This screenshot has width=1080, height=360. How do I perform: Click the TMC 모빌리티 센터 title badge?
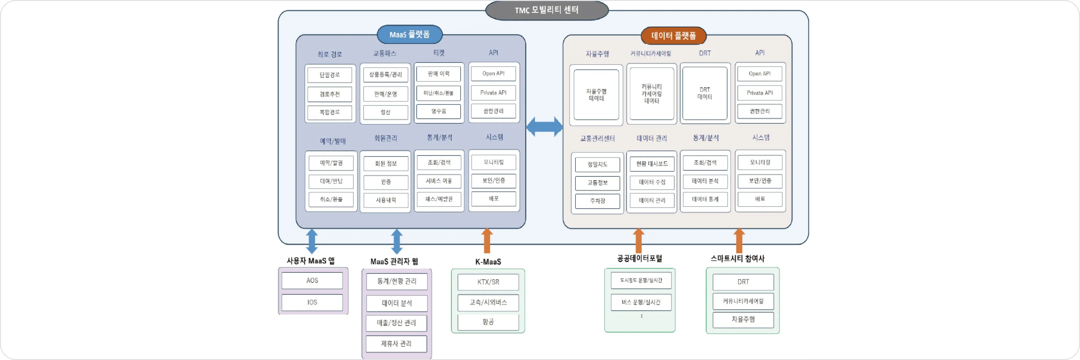click(x=546, y=10)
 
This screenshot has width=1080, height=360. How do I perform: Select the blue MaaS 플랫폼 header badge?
click(x=410, y=34)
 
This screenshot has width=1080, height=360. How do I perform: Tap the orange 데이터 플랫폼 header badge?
click(x=673, y=36)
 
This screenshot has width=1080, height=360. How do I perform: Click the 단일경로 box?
click(x=330, y=75)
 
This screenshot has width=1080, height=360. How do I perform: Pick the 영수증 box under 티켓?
click(x=438, y=112)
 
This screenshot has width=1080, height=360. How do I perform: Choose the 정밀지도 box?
click(x=598, y=164)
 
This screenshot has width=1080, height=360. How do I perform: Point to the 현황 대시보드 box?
click(x=652, y=164)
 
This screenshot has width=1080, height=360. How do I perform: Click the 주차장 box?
click(x=598, y=201)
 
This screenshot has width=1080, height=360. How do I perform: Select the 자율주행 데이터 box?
click(x=596, y=95)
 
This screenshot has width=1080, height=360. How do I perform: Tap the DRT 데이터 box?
click(x=705, y=93)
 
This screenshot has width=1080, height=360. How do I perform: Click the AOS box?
click(x=312, y=280)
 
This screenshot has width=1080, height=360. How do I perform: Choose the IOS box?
click(x=312, y=302)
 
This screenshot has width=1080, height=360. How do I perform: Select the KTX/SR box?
click(x=488, y=282)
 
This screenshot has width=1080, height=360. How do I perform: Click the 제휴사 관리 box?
click(x=396, y=344)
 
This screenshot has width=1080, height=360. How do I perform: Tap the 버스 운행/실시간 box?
click(x=641, y=302)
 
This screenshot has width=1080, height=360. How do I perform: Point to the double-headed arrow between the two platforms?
click(x=544, y=127)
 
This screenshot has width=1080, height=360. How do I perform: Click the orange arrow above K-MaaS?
click(x=487, y=241)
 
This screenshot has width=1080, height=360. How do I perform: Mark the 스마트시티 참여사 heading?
click(x=738, y=258)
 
